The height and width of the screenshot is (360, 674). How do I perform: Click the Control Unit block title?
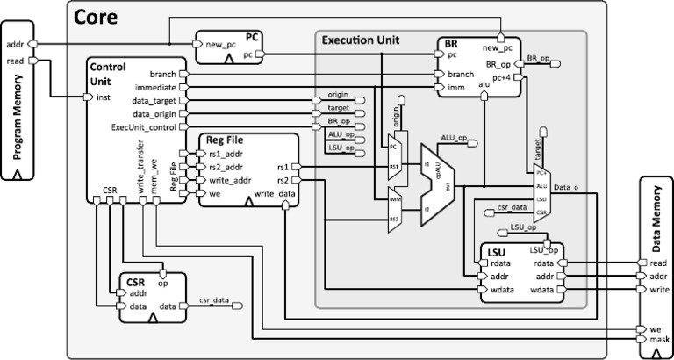108,73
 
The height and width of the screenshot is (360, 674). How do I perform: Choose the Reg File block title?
224,140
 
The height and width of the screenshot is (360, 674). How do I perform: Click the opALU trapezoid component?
438,184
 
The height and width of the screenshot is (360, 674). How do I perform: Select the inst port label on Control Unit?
103,97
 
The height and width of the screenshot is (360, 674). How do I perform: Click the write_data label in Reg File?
274,193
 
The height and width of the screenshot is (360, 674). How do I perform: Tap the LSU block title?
497,252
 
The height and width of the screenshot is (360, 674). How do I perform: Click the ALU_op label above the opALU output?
455,138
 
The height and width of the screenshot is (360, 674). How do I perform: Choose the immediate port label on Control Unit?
156,88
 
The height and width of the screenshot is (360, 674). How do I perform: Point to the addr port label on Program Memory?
15,43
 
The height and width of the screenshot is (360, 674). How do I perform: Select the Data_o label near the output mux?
567,187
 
